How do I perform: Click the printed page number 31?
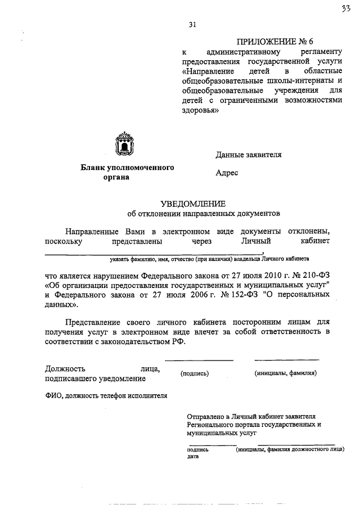(193, 24)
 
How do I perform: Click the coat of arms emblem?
(123, 144)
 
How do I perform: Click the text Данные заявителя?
(248, 155)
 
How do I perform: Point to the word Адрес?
(227, 173)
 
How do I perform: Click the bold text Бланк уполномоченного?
(127, 168)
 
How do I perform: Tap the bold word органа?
(116, 177)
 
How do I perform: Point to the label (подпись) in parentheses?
(195, 373)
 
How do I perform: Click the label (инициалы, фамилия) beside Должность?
(285, 373)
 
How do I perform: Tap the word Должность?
(64, 369)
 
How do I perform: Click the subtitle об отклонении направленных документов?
(203, 214)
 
